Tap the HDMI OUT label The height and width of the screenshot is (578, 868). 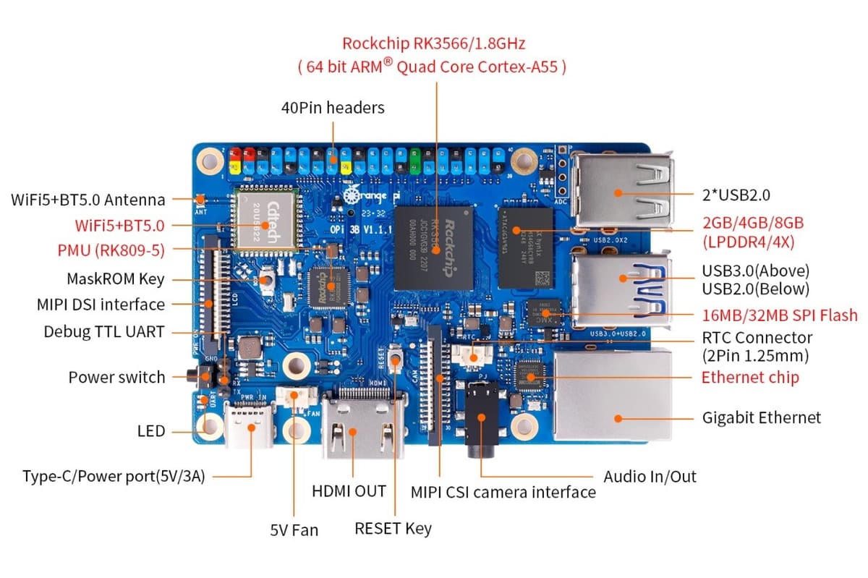349,491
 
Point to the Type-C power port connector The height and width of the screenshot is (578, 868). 251,427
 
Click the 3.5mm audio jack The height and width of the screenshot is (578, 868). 480,420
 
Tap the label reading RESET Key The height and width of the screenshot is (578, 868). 393,528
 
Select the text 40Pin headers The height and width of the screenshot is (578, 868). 333,108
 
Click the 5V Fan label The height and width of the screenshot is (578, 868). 294,530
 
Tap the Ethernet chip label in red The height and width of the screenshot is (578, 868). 750,377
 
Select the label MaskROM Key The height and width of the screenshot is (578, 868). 116,279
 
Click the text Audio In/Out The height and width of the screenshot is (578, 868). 650,476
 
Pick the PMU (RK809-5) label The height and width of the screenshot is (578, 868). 111,251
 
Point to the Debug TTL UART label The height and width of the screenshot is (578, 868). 104,332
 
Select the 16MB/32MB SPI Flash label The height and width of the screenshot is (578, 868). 780,315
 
